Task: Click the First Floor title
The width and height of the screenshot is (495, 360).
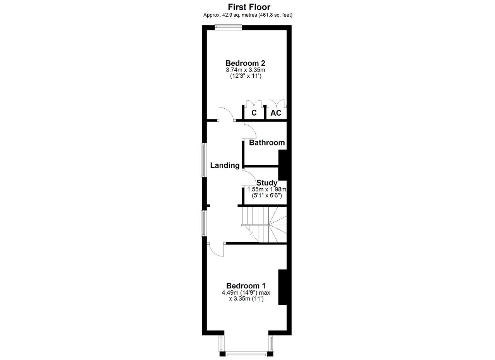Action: [x=249, y=7]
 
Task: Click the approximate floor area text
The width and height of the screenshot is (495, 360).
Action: [x=248, y=15]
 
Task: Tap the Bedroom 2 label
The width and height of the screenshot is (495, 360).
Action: [x=245, y=63]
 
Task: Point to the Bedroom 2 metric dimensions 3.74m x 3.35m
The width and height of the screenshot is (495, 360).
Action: [x=246, y=70]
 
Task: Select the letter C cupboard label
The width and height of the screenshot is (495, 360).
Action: [x=254, y=113]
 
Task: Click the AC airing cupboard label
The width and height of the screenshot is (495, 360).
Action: [x=276, y=113]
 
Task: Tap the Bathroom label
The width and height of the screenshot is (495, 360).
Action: [x=267, y=143]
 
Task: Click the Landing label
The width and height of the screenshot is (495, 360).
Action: [x=225, y=165]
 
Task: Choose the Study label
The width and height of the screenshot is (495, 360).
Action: [x=267, y=183]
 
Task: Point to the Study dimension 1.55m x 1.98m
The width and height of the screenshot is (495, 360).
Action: [x=267, y=189]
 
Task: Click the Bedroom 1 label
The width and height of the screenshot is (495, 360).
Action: [x=246, y=286]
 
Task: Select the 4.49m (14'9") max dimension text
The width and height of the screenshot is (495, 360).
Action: [x=246, y=293]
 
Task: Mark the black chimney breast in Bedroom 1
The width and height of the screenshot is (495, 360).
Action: [x=282, y=287]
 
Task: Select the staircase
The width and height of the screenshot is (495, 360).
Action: [x=264, y=225]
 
